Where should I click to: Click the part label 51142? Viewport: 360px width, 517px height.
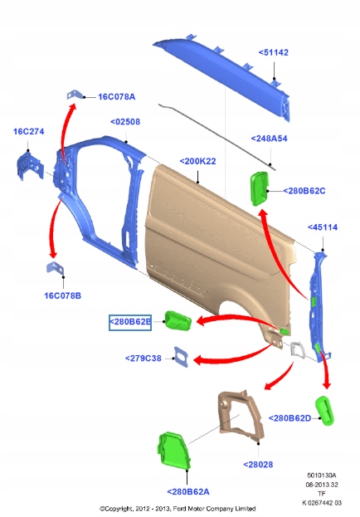tap(273, 52)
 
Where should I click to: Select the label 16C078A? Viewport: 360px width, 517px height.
tap(117, 96)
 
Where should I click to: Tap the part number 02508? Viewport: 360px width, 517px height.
tap(125, 122)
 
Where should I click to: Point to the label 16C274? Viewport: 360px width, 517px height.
tap(29, 131)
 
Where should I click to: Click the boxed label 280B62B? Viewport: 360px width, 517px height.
tap(130, 322)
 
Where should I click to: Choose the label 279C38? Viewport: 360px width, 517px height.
tap(144, 358)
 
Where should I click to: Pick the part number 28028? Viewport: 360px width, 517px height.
tap(258, 464)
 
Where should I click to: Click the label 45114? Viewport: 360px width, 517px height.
tap(323, 227)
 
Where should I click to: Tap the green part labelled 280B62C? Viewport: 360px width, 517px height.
tap(260, 188)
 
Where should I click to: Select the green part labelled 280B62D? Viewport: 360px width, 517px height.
tap(325, 411)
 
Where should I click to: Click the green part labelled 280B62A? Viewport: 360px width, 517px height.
tap(174, 451)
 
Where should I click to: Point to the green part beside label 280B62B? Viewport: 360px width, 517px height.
tap(178, 321)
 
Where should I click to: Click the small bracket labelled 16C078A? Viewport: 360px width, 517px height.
tap(75, 95)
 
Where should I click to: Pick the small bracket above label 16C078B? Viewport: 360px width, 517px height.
tap(55, 268)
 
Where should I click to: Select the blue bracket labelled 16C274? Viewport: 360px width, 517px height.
tap(30, 165)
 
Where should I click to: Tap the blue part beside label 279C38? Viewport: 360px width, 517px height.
tap(181, 357)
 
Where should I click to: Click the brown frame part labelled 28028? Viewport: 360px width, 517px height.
tap(241, 416)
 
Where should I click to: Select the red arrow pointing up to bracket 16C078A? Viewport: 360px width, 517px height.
tap(66, 132)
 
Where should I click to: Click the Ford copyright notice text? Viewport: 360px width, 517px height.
tap(178, 509)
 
